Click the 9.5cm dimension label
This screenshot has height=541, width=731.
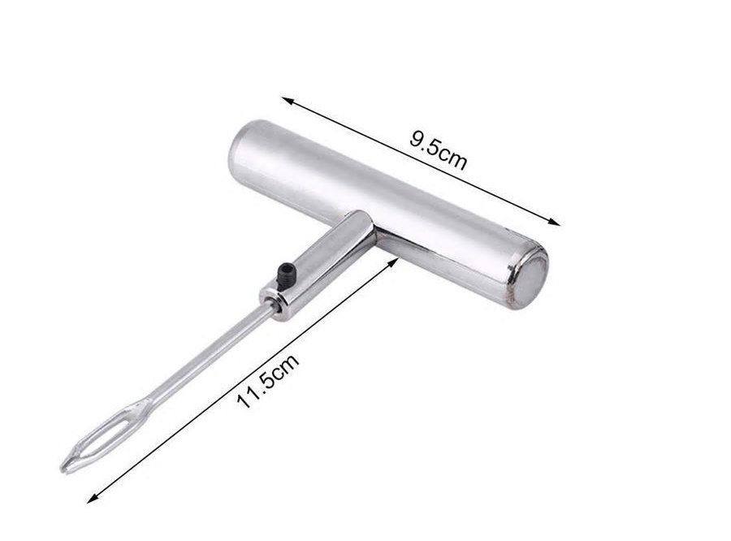point(438,150)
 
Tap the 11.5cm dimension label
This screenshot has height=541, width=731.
point(267,381)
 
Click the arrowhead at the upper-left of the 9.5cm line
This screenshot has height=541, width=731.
point(288,100)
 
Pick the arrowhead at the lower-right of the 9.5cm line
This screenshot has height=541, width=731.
point(554,222)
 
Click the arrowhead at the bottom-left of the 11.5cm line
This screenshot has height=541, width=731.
point(93,498)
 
